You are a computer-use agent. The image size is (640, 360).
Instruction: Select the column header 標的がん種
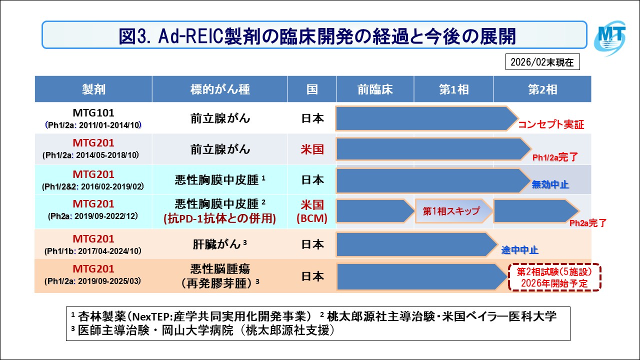coord(220,89)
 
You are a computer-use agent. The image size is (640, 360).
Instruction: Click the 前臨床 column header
coord(375,89)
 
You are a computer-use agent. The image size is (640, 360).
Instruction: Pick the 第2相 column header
coord(542,89)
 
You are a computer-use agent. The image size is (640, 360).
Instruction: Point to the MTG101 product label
coord(93,113)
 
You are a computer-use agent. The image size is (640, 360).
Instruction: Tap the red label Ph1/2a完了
coord(555,157)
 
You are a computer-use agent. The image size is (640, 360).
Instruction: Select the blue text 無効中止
coord(550,185)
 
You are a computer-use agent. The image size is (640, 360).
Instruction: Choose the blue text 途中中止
coord(520,250)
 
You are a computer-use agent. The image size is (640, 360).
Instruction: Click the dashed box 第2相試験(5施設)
coord(553,277)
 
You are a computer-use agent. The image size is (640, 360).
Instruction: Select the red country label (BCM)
coord(311,218)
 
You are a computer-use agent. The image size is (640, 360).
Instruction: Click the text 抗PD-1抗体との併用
coord(220,218)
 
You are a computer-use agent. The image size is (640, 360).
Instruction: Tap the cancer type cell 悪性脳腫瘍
coord(220,269)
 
